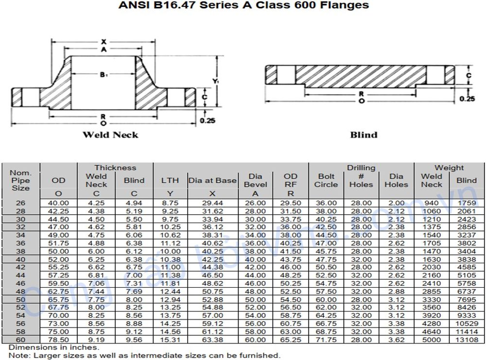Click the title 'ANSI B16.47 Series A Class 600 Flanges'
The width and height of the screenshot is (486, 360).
(x=243, y=6)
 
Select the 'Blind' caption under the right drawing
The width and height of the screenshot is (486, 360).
(x=364, y=135)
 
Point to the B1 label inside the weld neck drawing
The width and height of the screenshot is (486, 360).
(x=103, y=74)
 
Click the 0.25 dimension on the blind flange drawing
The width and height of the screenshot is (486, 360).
(x=468, y=99)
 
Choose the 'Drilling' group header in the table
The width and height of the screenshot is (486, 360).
(x=361, y=168)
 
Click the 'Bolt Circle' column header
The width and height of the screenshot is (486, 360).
(x=326, y=180)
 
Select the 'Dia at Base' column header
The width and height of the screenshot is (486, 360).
(x=212, y=180)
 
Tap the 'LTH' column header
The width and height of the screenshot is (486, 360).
(x=170, y=180)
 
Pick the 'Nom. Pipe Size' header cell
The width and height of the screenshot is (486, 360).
(x=20, y=180)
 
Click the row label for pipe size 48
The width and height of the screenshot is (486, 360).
(x=20, y=291)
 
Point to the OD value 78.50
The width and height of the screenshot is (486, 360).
(x=59, y=339)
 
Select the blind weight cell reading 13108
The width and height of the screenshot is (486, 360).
(x=466, y=339)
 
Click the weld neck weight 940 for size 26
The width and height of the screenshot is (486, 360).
(x=431, y=203)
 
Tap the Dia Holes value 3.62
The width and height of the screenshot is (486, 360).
(x=396, y=339)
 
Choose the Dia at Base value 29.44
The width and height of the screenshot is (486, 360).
(x=212, y=203)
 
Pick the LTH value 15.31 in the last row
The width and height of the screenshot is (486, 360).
(x=170, y=339)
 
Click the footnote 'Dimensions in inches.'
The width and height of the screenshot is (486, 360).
(x=53, y=347)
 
